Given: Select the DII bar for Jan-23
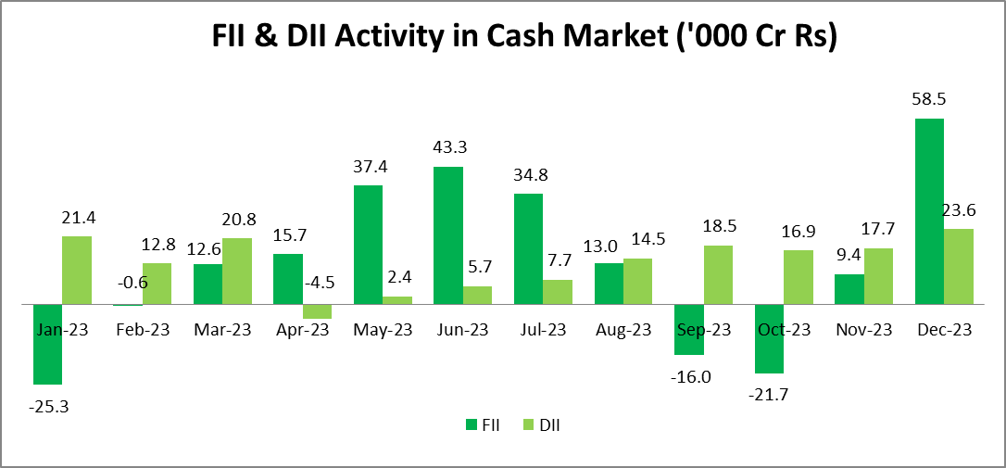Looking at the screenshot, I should pos(77,270).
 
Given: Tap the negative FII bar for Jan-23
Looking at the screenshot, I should pos(47,344).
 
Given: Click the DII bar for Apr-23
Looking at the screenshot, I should pos(318,311).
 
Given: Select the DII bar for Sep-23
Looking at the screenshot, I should pos(718,274).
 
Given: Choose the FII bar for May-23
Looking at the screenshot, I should pos(368,244).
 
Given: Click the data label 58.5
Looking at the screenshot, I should pos(930,99).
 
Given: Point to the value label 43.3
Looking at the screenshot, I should pos(448,147).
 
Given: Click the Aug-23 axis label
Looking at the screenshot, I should pos(624,330).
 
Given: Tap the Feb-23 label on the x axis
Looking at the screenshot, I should pos(142,330).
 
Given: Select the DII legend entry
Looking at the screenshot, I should pos(542,425).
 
